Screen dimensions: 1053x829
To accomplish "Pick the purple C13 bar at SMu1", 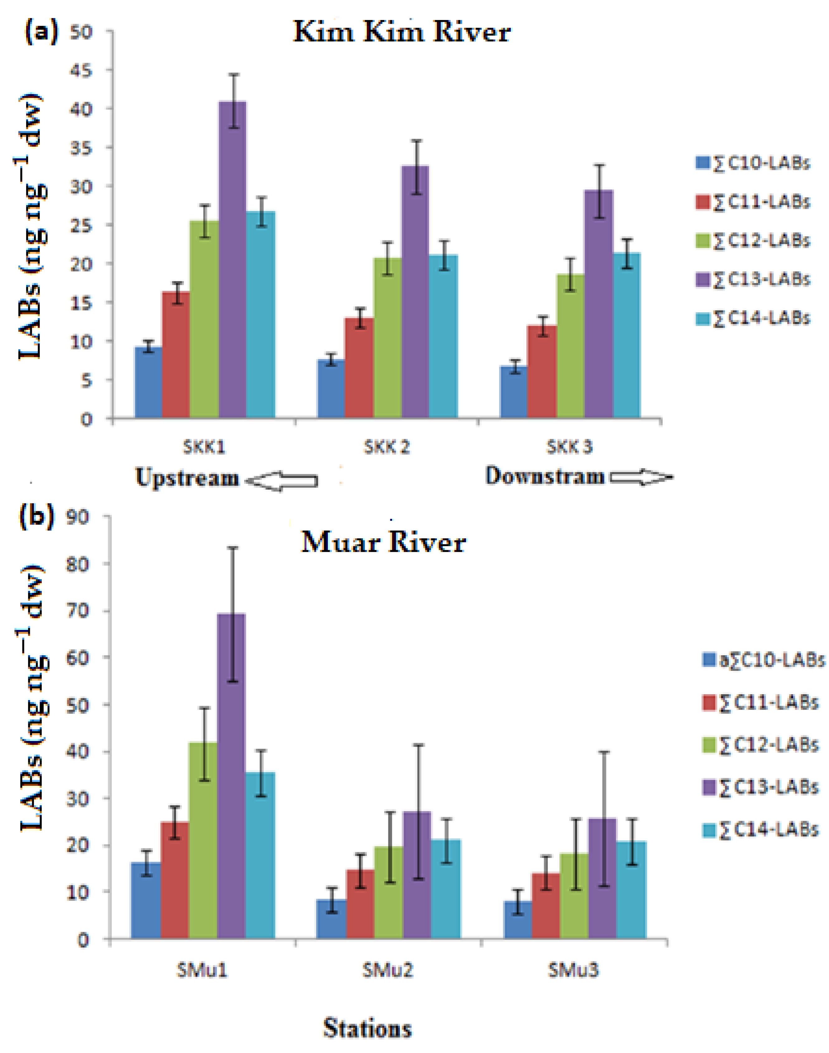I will [x=231, y=777].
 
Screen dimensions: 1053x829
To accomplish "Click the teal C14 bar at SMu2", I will [x=446, y=889].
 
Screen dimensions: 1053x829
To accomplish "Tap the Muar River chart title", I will [x=383, y=542].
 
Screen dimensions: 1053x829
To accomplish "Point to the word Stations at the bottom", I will [x=368, y=1028].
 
